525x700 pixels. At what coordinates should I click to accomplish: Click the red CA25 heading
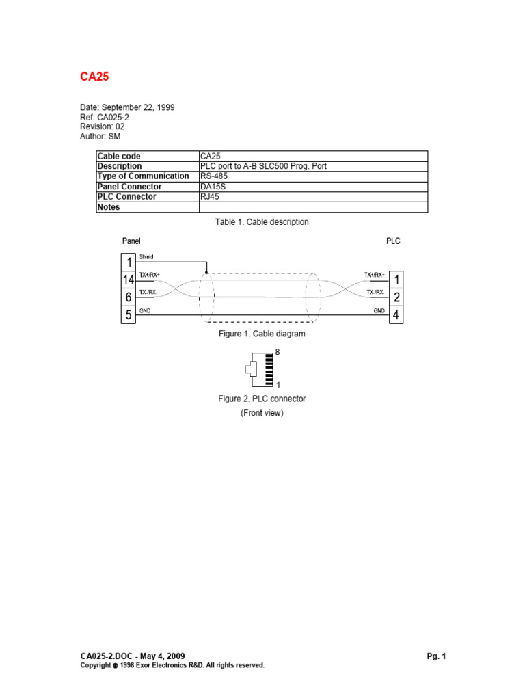point(95,77)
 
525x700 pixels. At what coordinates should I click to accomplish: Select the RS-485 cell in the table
point(214,176)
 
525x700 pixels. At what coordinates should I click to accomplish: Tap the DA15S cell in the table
point(215,187)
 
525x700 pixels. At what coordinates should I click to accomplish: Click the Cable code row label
point(119,156)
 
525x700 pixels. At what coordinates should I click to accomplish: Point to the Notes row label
point(109,207)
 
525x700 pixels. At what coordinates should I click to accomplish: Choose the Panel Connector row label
point(130,187)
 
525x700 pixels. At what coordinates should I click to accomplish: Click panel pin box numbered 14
point(128,280)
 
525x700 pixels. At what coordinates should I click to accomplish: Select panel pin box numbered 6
point(128,297)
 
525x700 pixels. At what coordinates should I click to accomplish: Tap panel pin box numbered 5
point(128,315)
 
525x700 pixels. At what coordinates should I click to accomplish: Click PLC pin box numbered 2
point(396,297)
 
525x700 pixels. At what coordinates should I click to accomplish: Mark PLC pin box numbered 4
point(396,315)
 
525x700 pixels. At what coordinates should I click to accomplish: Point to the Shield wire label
point(146,256)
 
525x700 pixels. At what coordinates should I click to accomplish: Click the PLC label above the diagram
point(393,241)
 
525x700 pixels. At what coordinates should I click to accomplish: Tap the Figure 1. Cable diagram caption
point(262,334)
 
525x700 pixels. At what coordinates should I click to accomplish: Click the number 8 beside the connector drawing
point(277,352)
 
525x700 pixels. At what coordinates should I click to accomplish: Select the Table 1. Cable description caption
point(262,222)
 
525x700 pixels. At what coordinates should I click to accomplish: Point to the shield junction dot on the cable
point(206,271)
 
